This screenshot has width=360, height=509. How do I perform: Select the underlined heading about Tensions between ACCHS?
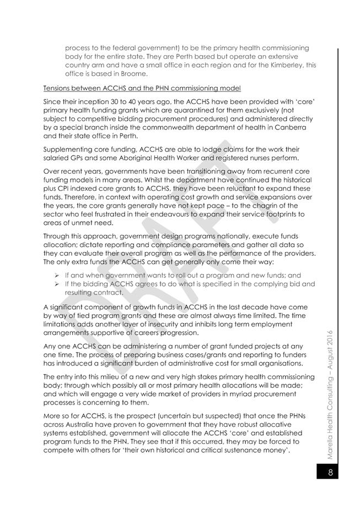(141, 88)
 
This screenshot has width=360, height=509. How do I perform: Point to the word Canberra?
(294, 127)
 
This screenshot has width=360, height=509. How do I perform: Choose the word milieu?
(117, 376)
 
